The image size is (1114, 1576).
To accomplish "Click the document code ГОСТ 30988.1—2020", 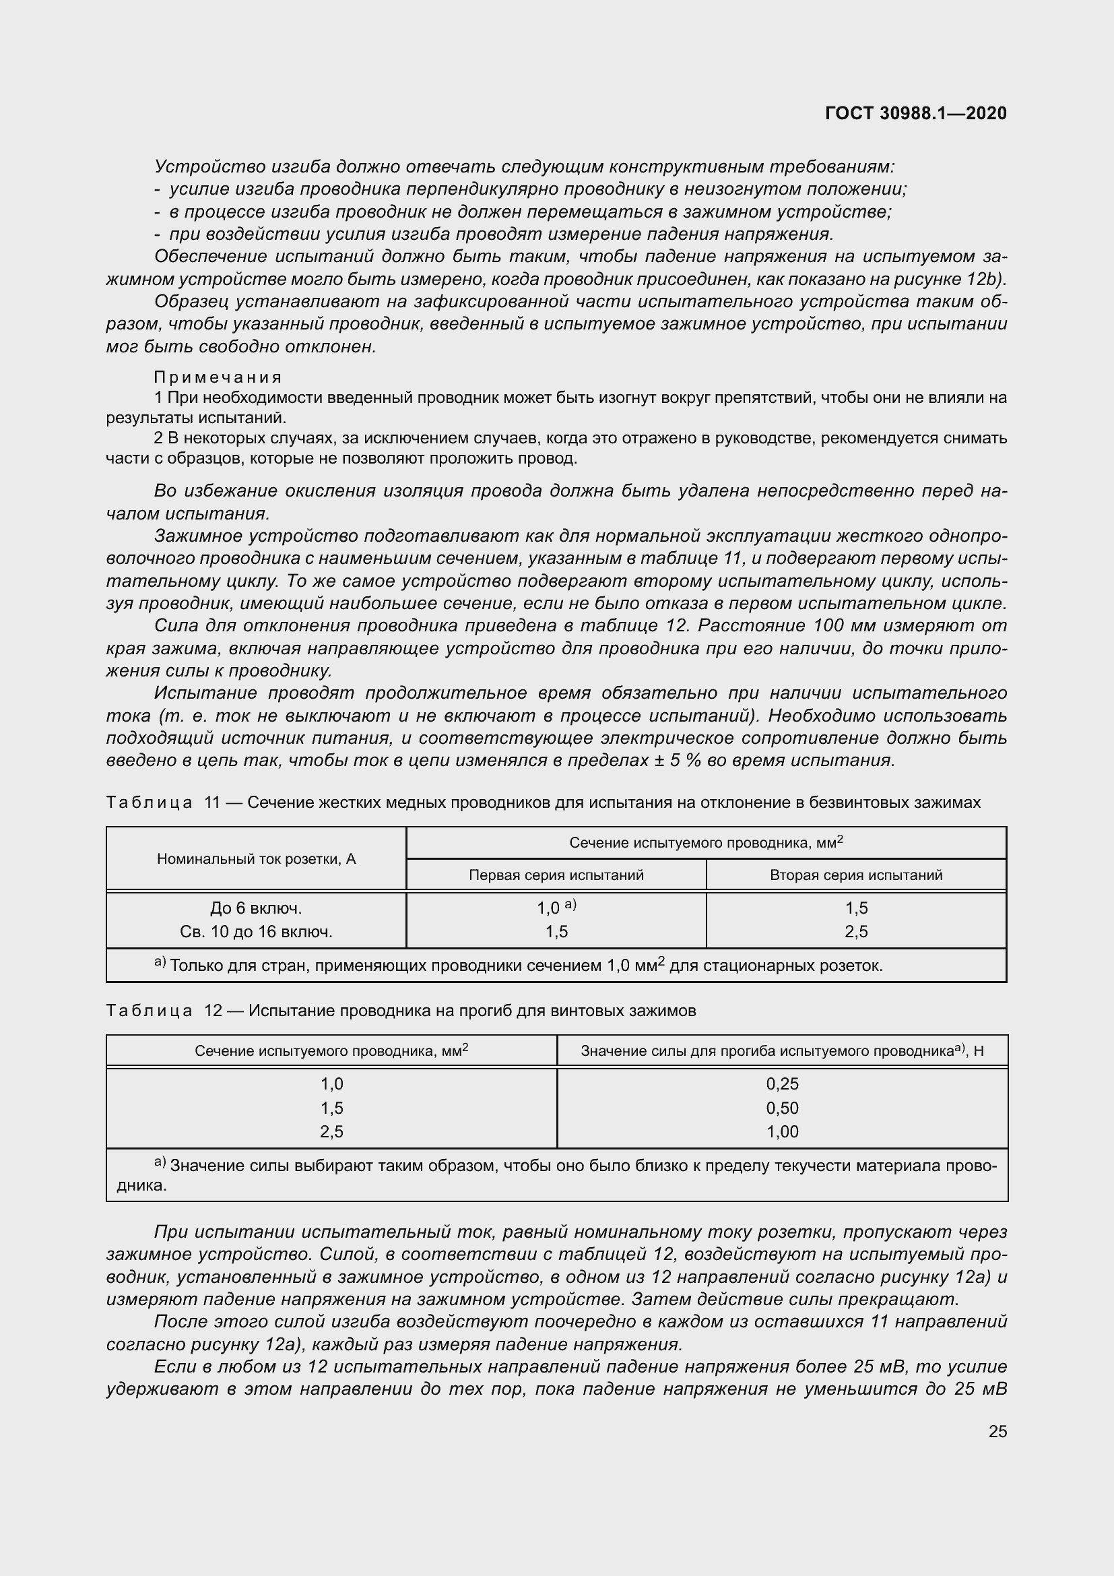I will tap(916, 113).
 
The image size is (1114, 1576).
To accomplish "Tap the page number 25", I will tap(998, 1431).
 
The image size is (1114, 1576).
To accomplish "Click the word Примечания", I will tap(218, 377).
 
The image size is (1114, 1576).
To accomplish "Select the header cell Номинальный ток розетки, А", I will tap(256, 858).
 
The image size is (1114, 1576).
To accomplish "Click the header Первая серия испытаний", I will tap(556, 875).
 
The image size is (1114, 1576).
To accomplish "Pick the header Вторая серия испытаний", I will tap(855, 875).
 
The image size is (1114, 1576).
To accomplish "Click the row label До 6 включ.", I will tap(256, 908).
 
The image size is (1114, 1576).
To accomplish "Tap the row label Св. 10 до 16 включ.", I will tap(256, 931).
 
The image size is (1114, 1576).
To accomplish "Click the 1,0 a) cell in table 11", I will tap(556, 908).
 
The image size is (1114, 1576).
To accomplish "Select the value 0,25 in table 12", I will tap(782, 1084).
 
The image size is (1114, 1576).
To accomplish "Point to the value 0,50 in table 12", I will tap(782, 1108).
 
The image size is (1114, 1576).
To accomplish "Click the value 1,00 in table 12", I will tap(782, 1131).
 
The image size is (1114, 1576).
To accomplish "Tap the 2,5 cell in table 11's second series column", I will tap(856, 931).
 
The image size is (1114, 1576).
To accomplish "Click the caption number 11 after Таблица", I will tap(212, 802).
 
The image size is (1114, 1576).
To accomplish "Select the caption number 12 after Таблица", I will tap(213, 1011).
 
